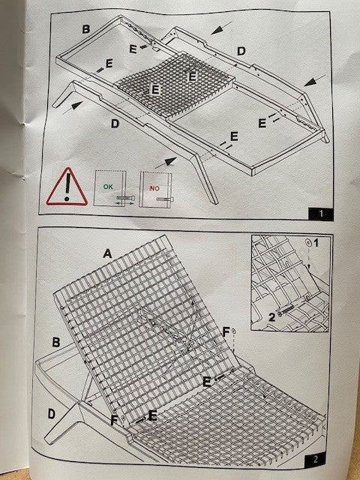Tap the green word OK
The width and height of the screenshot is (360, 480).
[108, 187]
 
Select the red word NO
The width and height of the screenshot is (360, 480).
[154, 188]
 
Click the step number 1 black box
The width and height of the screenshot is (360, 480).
[320, 214]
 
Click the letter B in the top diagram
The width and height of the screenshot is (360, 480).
[86, 29]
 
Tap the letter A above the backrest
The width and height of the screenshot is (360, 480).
[107, 253]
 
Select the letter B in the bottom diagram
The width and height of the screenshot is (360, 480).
[56, 342]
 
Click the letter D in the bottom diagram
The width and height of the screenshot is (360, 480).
[52, 414]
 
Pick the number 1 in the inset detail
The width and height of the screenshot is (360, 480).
[316, 243]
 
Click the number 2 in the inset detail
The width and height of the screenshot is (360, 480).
[272, 317]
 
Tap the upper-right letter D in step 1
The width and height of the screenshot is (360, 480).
[241, 51]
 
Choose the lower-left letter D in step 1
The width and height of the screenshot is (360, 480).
[115, 124]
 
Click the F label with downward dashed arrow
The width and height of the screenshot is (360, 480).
[226, 332]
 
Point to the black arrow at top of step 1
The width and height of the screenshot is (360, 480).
[222, 28]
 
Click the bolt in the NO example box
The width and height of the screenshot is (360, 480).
[165, 199]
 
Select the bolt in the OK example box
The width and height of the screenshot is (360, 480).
[125, 198]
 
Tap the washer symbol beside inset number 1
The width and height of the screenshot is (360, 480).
[309, 243]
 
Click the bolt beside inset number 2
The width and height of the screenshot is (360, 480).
[286, 311]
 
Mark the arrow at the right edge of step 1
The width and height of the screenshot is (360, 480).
[315, 79]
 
